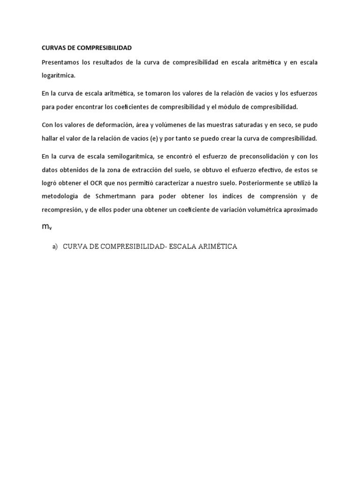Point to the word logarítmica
[58, 75]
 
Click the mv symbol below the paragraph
[46, 226]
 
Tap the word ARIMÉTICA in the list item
[214, 247]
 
